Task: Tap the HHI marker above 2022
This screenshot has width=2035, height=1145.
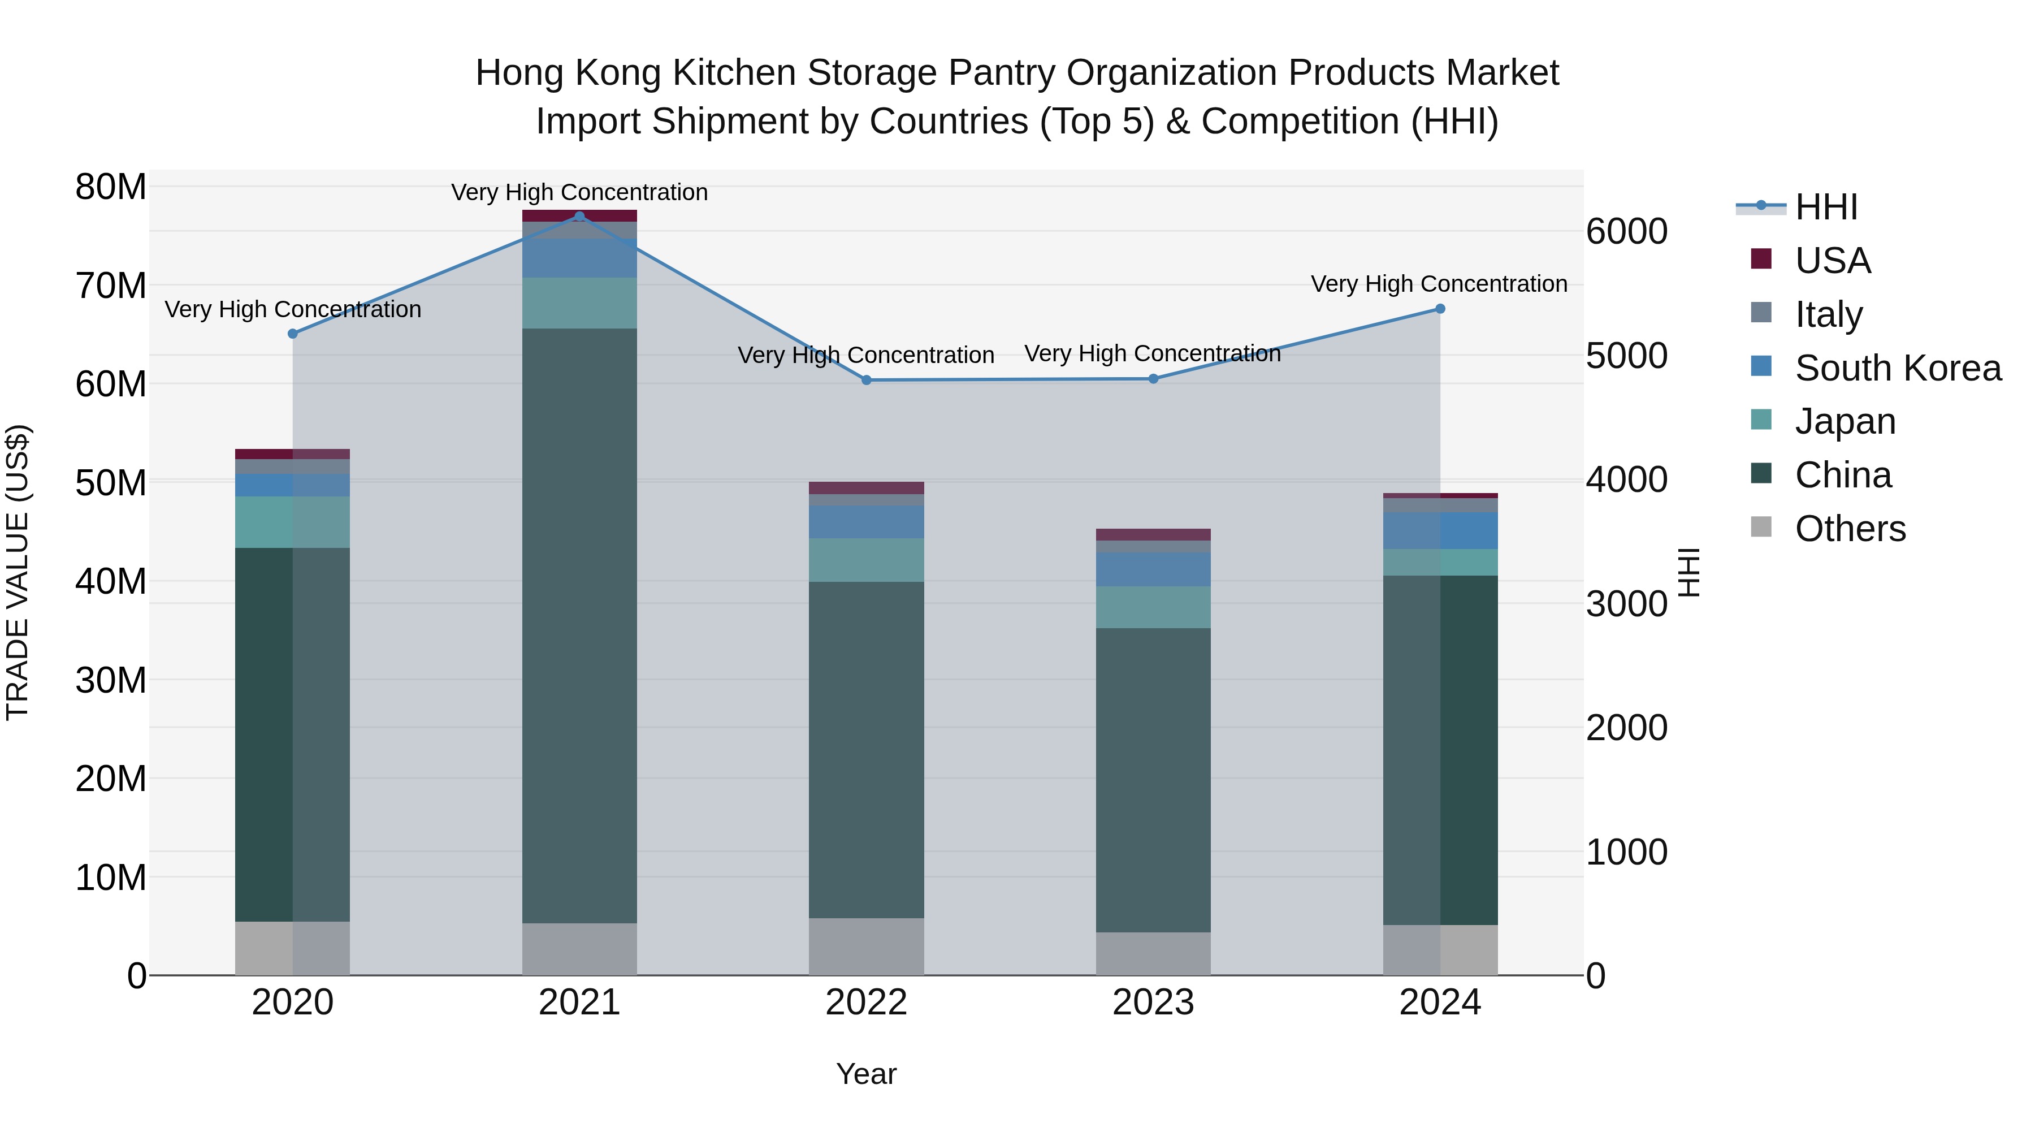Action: (x=866, y=380)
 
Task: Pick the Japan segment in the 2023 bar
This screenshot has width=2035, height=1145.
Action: (x=1153, y=607)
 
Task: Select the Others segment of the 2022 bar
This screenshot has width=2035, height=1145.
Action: (x=866, y=946)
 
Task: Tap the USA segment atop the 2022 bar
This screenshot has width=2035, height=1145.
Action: (x=866, y=487)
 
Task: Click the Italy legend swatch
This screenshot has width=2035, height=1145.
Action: (x=1761, y=313)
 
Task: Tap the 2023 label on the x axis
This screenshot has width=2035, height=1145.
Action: (x=1153, y=1003)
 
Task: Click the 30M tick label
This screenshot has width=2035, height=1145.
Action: (x=111, y=680)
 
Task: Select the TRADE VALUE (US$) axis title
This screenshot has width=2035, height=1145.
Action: (x=18, y=572)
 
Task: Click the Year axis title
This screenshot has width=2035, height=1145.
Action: (x=866, y=1074)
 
